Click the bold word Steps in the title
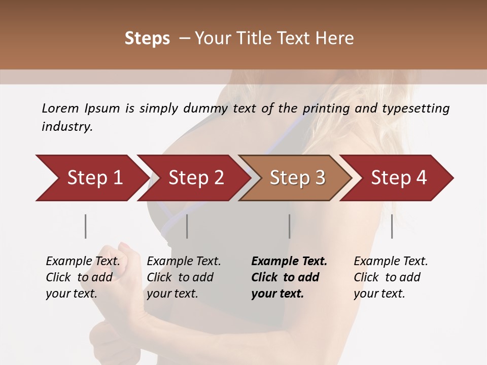[147, 39]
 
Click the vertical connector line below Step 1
[86, 226]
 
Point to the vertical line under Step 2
[187, 226]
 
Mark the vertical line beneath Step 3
[289, 226]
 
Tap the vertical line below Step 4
[392, 226]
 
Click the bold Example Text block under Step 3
[289, 277]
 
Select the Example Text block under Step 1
[83, 277]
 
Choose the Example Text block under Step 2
[184, 277]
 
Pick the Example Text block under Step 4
[391, 277]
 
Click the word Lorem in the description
[60, 108]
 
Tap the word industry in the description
[67, 127]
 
